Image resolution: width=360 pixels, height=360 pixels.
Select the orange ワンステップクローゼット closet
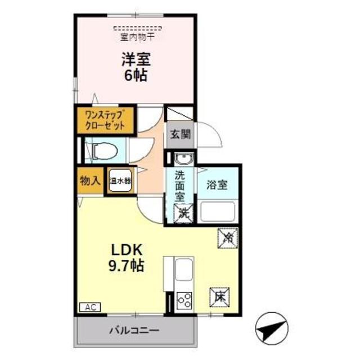[105, 120]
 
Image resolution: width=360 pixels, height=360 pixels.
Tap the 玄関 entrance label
[178, 135]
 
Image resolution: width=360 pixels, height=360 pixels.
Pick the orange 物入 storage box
[90, 181]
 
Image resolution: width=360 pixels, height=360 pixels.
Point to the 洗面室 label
[180, 185]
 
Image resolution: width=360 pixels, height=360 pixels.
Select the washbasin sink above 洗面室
[181, 159]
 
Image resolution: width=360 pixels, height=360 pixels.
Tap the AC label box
[88, 307]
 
